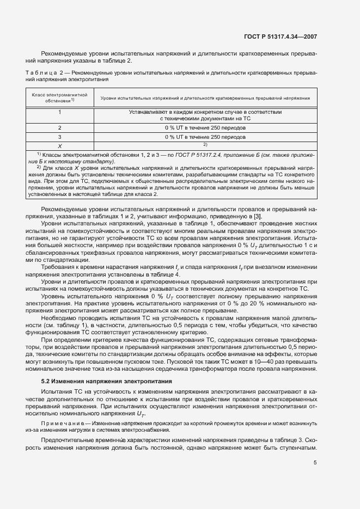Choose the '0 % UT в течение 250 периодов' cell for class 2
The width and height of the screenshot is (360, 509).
coord(205,127)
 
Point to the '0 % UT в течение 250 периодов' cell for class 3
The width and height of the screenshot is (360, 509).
coord(205,137)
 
